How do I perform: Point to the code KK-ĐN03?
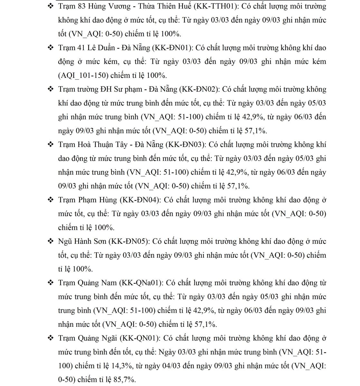tap(185, 144)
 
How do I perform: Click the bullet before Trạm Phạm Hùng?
tap(51, 200)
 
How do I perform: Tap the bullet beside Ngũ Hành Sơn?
tap(51, 241)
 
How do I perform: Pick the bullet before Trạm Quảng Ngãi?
tap(51, 338)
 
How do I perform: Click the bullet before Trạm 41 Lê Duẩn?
tap(51, 48)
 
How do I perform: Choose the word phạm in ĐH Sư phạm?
tap(133, 89)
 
